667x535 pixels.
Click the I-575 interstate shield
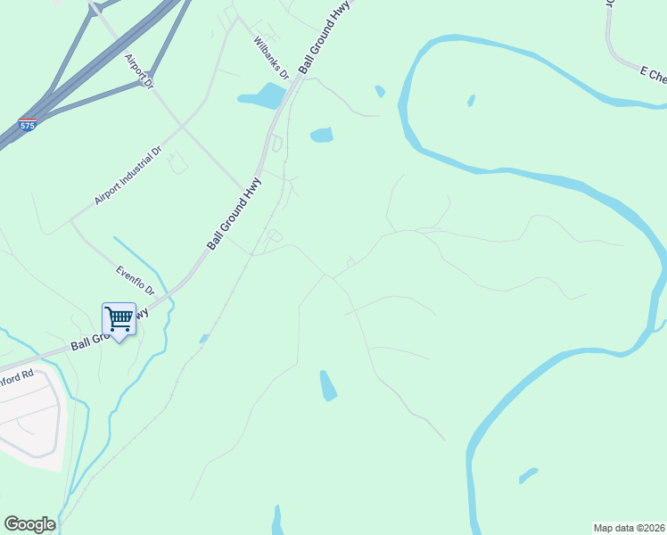point(28,126)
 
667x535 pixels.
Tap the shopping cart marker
point(119,319)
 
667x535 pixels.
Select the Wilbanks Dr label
point(270,58)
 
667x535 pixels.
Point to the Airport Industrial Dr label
point(128,176)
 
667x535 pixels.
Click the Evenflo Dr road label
point(135,279)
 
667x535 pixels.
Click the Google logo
point(29,524)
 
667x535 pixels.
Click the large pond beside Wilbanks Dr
point(262,95)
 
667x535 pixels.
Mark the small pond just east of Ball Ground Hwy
point(321,136)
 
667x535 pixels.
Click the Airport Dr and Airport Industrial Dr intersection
point(183,126)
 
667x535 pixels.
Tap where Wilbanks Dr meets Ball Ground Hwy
point(298,80)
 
